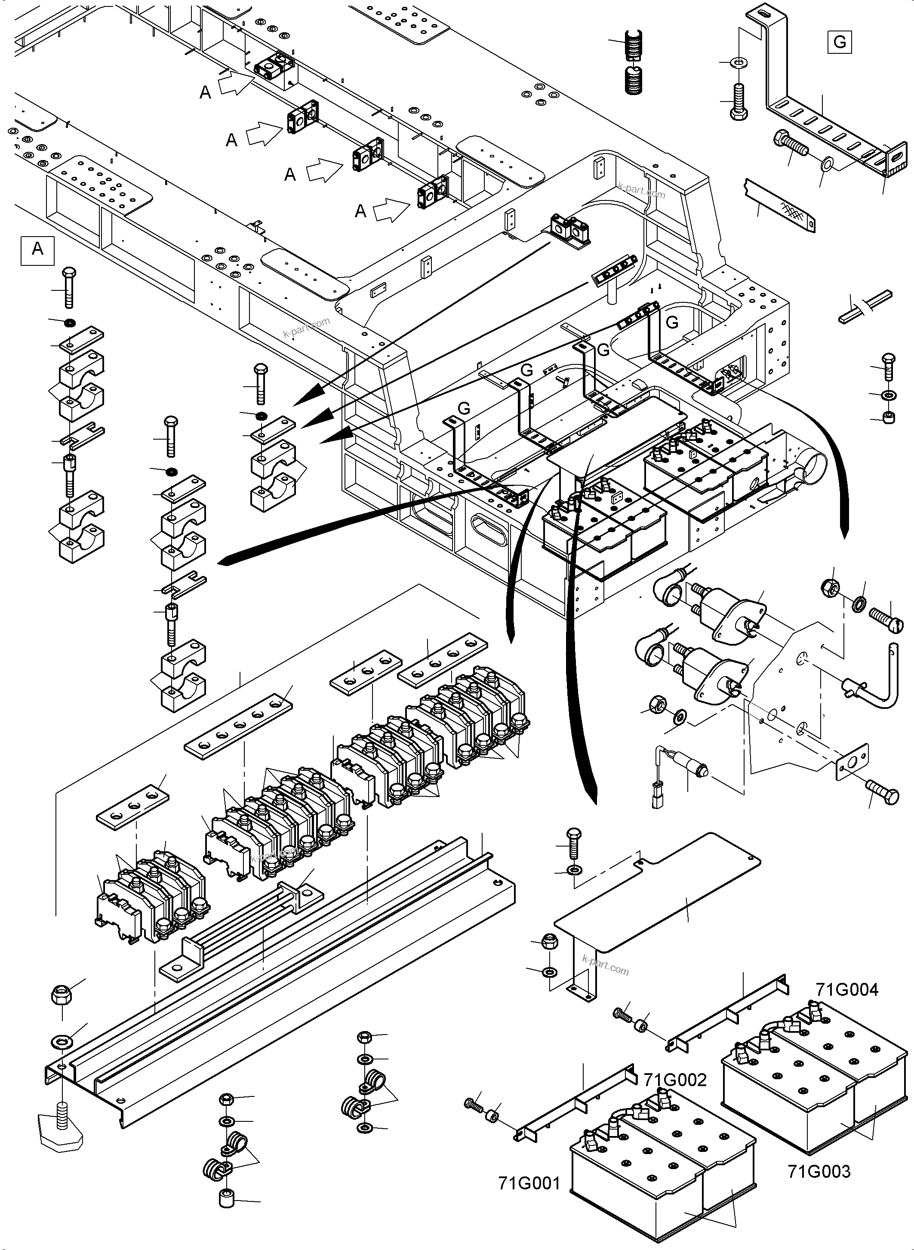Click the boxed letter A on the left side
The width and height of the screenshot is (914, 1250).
point(37,249)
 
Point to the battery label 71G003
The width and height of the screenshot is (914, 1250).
point(819,1171)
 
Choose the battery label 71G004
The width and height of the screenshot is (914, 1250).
point(846,989)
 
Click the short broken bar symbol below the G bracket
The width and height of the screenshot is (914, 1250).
point(865,307)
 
